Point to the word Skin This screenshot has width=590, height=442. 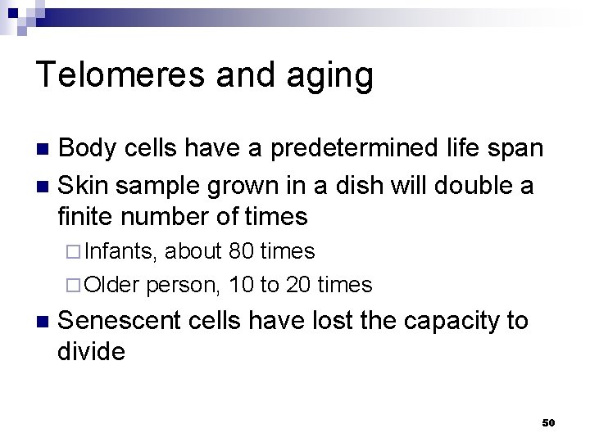click(x=85, y=185)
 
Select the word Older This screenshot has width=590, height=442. click(x=113, y=285)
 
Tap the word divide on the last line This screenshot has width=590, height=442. click(x=92, y=353)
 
